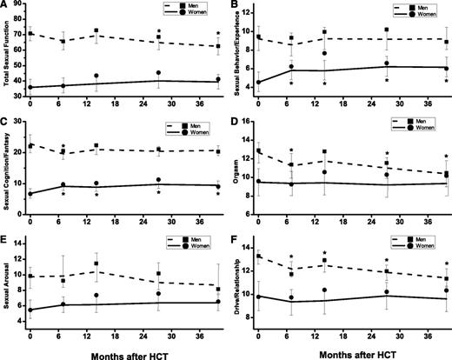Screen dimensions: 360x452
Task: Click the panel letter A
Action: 5,6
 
